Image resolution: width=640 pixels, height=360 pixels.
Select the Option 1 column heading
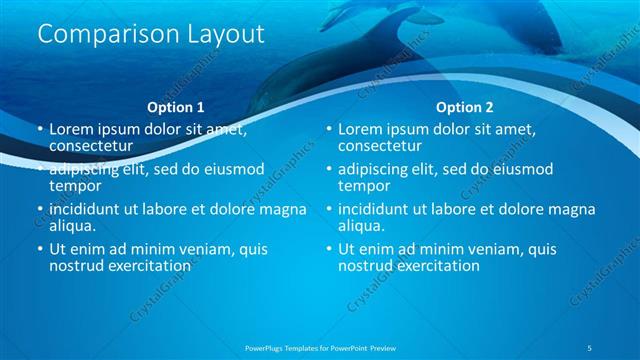pos(175,106)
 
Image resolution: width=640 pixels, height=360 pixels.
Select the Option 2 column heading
pos(465,106)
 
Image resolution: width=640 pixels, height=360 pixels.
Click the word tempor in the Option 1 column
pos(75,185)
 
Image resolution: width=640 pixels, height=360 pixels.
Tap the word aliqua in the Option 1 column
pos(73,226)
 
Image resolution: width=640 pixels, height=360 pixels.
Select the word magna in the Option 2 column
pos(571,209)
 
